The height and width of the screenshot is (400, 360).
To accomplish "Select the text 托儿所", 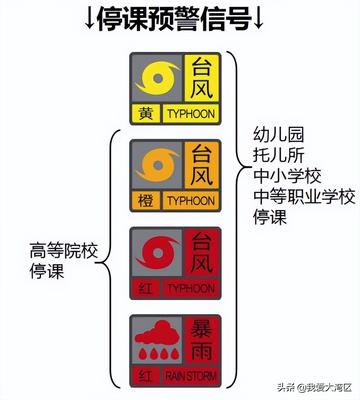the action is click(x=276, y=155).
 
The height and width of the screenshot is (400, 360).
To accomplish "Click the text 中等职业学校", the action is click(x=303, y=197).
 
